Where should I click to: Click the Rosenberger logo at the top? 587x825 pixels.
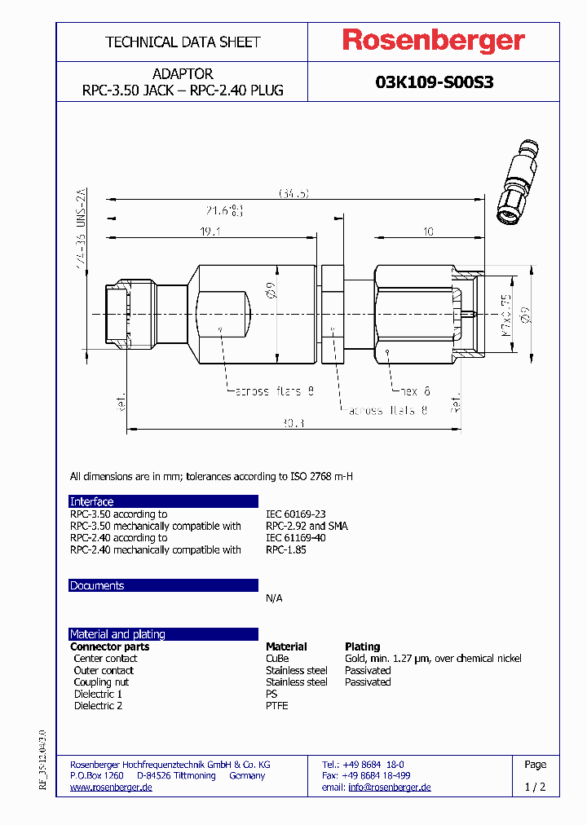[x=433, y=41]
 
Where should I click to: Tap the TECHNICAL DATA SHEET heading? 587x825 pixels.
[x=183, y=42]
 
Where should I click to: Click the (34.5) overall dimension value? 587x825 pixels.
[x=294, y=193]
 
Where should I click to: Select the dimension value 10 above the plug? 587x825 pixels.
[x=427, y=232]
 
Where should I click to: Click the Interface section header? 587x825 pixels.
[x=92, y=501]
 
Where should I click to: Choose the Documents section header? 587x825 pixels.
[x=97, y=585]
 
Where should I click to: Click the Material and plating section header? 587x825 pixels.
[x=117, y=633]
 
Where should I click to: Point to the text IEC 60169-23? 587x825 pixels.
[x=295, y=514]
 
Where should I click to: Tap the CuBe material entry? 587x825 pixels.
[x=277, y=658]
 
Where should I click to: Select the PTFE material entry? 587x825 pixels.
[x=277, y=705]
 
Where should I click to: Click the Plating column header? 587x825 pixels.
[x=362, y=646]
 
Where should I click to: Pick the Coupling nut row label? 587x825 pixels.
[x=101, y=682]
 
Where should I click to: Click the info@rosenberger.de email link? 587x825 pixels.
[x=389, y=787]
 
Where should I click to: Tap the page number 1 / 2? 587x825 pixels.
[x=535, y=787]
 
